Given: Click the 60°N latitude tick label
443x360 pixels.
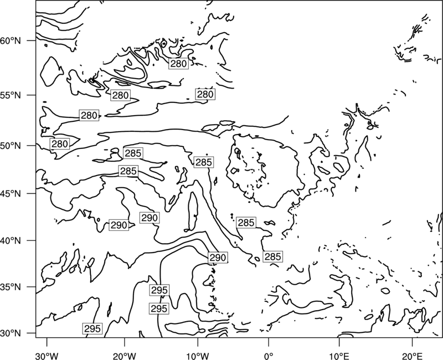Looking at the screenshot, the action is click(11, 40).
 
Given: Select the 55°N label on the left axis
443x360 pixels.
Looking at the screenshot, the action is click(11, 95).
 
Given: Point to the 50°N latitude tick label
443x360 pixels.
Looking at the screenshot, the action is click(11, 146).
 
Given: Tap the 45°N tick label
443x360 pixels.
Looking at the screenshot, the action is click(11, 193).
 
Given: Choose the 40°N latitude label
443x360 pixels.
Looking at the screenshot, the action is click(11, 241).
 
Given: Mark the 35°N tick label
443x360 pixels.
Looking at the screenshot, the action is click(11, 287).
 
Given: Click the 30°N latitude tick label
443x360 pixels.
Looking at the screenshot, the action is click(11, 333).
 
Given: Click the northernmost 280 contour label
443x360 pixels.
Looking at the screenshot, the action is click(178, 64).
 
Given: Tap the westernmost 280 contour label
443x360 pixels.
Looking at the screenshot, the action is click(60, 144).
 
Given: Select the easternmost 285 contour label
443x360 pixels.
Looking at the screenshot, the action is click(272, 256).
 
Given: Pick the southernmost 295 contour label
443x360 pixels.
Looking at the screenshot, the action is click(92, 328).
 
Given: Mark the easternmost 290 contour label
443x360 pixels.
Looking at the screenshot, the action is click(218, 258).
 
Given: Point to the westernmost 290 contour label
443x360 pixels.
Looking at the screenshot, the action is click(119, 225).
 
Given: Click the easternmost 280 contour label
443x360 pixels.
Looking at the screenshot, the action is click(205, 94).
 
